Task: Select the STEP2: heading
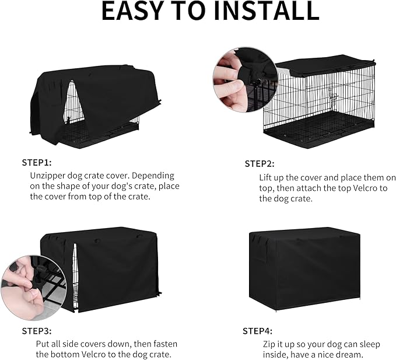[260, 164]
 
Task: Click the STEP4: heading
[259, 331]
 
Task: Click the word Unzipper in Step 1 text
[47, 175]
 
